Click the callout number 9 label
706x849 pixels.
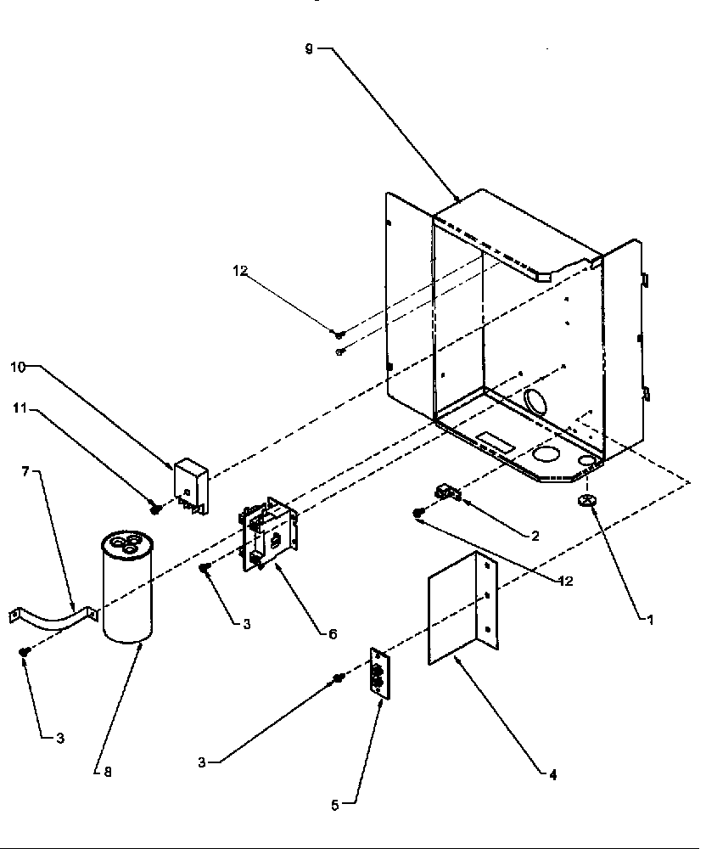(x=310, y=49)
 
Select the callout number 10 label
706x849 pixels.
(x=18, y=367)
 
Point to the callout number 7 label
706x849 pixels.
(x=25, y=471)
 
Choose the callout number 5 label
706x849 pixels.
(x=334, y=805)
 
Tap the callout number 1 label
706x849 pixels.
(x=650, y=621)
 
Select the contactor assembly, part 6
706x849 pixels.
(x=269, y=533)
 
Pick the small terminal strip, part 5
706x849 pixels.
(x=378, y=675)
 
